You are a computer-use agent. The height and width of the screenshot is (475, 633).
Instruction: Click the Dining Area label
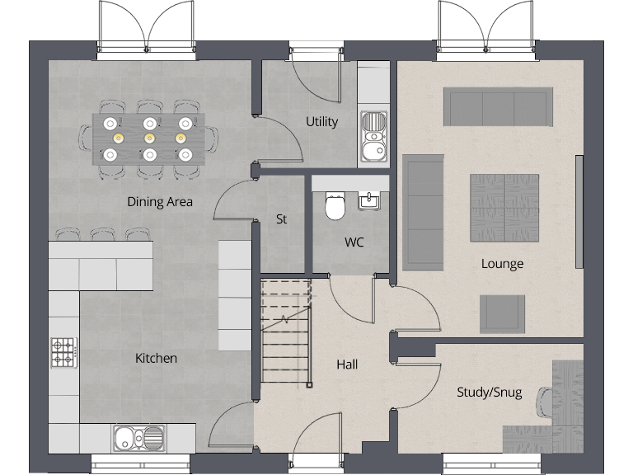(x=160, y=201)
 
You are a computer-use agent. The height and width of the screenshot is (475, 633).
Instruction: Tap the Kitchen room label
(x=156, y=358)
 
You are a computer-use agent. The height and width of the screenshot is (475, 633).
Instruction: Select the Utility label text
(x=321, y=121)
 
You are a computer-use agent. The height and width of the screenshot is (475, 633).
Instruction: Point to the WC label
(x=354, y=242)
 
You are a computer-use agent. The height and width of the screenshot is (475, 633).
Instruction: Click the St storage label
(x=281, y=219)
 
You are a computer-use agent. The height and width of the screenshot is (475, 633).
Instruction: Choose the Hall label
(x=347, y=364)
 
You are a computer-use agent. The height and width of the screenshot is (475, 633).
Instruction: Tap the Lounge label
(x=502, y=264)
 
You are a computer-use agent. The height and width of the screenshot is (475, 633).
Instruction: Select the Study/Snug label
(x=489, y=393)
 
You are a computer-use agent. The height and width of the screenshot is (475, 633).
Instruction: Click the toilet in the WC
(x=335, y=206)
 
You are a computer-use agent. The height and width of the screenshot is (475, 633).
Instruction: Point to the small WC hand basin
(x=368, y=200)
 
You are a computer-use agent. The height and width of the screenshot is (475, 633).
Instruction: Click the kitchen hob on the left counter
(x=63, y=352)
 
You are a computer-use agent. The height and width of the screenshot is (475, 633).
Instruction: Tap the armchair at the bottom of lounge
(x=502, y=313)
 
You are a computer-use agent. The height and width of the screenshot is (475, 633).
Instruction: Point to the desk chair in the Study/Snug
(x=546, y=403)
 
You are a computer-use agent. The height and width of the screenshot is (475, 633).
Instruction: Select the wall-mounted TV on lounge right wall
(x=579, y=211)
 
